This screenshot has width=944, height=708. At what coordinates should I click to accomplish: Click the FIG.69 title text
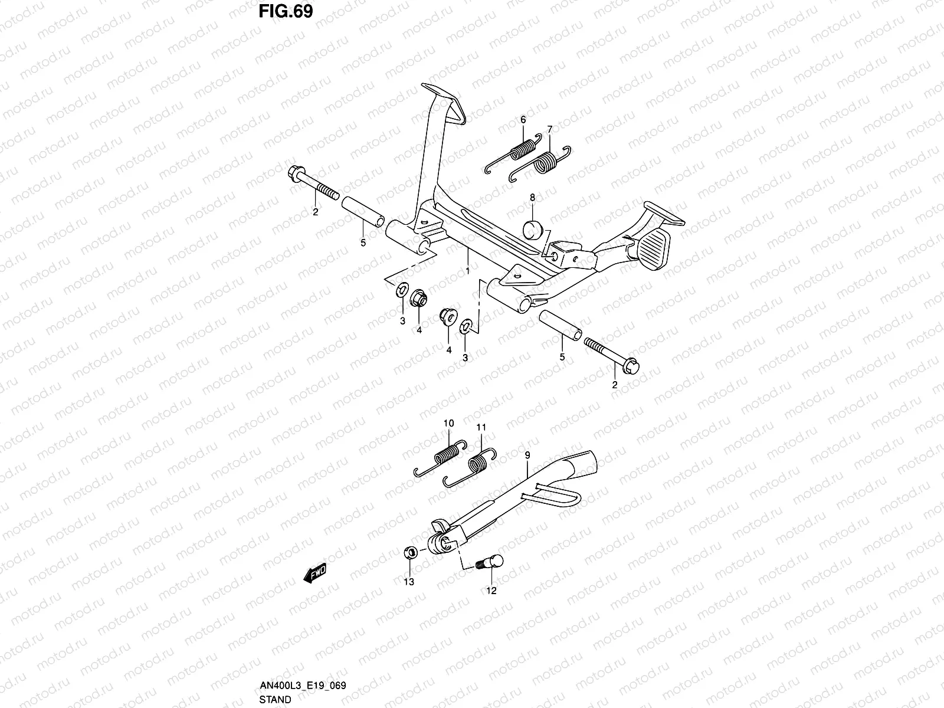tap(286, 12)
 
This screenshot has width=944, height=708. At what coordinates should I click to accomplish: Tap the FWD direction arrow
tap(315, 573)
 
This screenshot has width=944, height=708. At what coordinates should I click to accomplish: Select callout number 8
tap(532, 197)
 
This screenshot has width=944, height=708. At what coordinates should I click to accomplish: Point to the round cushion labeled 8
tap(533, 230)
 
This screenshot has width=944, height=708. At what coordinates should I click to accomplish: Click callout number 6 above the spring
tap(523, 120)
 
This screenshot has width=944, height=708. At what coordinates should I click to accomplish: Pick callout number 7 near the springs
tap(550, 129)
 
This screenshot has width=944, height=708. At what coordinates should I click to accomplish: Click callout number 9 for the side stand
tap(527, 455)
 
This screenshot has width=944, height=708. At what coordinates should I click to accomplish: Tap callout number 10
tap(448, 424)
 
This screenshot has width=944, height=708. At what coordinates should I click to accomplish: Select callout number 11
tap(481, 427)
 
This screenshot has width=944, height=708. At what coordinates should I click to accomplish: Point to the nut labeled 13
tap(410, 552)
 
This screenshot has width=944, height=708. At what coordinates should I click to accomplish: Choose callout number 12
tap(491, 591)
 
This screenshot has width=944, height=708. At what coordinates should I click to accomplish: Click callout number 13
tap(408, 582)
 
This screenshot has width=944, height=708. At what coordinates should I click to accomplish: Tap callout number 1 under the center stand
tap(468, 271)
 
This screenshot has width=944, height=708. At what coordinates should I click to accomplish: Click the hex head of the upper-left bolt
tap(294, 173)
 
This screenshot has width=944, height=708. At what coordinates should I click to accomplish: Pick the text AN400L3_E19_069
tap(303, 686)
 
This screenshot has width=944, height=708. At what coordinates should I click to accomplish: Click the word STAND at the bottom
tap(275, 700)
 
